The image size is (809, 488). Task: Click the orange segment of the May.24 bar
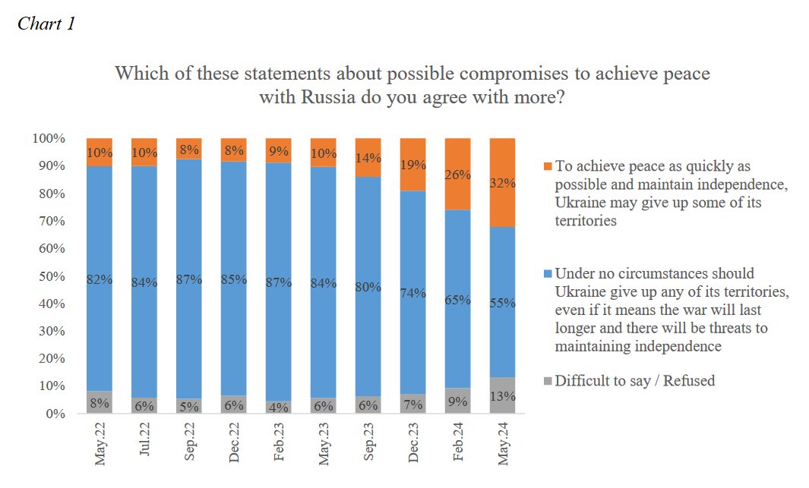[502, 182]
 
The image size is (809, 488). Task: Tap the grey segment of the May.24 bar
[502, 395]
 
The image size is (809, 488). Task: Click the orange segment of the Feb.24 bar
[457, 174]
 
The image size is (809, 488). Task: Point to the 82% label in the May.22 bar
[100, 279]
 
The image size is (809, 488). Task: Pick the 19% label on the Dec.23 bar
[412, 164]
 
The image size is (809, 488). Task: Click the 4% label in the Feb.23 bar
[278, 408]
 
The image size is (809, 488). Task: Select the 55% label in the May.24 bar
[502, 303]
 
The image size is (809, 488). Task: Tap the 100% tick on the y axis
[48, 139]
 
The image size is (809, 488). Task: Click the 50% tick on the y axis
[51, 276]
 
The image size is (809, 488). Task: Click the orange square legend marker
[548, 166]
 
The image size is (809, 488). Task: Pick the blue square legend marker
[548, 273]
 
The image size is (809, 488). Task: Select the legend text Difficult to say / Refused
[634, 381]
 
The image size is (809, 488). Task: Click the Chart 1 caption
[46, 24]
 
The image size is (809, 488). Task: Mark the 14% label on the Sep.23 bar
[368, 158]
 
